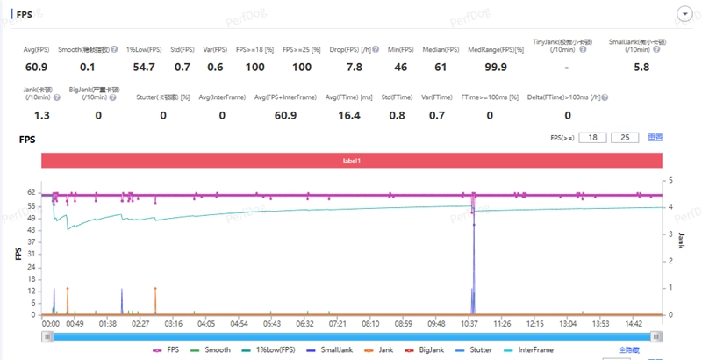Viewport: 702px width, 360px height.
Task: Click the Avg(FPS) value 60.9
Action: tap(36, 67)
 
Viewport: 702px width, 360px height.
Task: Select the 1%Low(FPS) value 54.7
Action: tap(144, 67)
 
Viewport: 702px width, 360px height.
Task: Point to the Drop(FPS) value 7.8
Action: tap(355, 67)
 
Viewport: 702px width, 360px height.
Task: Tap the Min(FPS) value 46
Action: tap(400, 67)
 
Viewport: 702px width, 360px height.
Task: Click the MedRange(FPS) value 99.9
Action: tap(496, 67)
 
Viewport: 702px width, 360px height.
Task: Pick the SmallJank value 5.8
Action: tap(641, 67)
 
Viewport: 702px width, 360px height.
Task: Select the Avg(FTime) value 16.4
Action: tap(348, 115)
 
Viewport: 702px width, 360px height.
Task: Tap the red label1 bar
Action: tap(351, 161)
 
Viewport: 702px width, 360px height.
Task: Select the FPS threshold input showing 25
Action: tap(625, 138)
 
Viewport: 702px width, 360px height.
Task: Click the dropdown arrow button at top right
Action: tap(685, 15)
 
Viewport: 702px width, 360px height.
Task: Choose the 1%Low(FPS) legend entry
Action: tap(267, 349)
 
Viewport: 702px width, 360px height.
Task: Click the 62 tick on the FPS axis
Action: tap(31, 191)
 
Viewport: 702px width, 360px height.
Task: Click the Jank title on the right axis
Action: tap(681, 240)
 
